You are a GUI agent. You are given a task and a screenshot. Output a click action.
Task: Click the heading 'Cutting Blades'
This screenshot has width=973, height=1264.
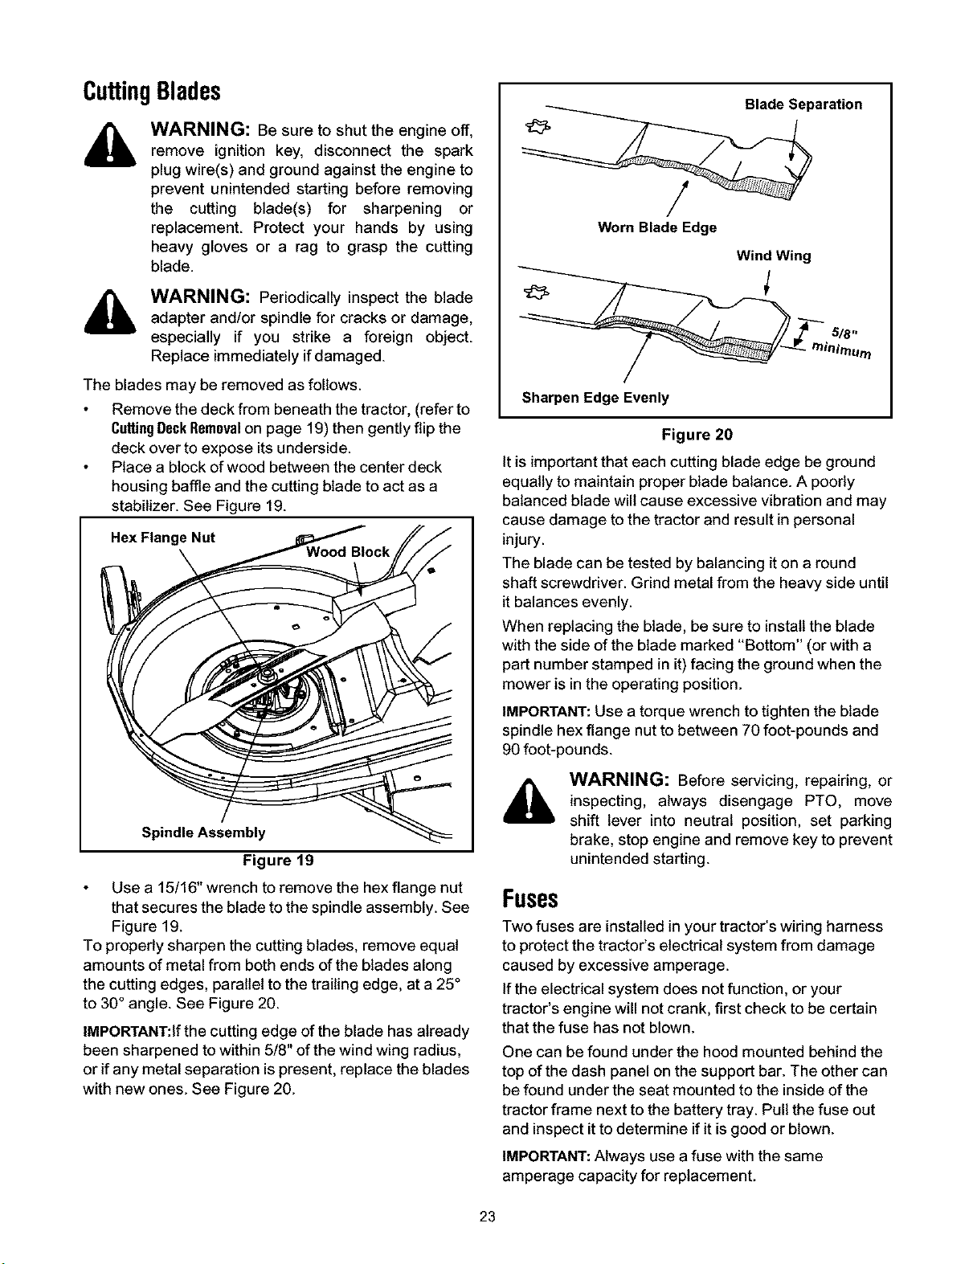152,92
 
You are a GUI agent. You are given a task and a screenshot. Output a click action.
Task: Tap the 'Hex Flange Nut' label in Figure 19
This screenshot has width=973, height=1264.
163,538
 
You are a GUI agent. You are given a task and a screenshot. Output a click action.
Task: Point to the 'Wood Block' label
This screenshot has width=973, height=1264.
347,552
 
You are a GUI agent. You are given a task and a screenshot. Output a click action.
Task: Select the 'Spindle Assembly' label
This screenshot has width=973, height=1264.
203,832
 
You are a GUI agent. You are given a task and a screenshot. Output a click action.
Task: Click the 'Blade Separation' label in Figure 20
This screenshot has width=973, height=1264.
803,104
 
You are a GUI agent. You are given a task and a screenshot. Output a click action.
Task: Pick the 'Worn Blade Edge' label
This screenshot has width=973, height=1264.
656,227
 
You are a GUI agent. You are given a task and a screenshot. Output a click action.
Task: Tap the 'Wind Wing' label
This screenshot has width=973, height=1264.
773,256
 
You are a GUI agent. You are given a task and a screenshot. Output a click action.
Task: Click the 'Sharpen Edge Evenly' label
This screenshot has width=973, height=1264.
595,397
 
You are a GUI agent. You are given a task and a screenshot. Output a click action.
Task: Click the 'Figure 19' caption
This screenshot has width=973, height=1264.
278,861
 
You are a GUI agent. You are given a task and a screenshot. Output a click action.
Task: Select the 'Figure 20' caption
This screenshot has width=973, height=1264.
697,435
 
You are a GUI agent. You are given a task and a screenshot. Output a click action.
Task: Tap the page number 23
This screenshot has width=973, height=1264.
488,1217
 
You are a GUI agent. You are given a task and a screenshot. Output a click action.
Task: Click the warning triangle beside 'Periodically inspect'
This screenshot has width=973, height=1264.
110,313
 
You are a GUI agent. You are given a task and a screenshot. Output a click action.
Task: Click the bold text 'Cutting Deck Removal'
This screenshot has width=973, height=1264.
176,429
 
